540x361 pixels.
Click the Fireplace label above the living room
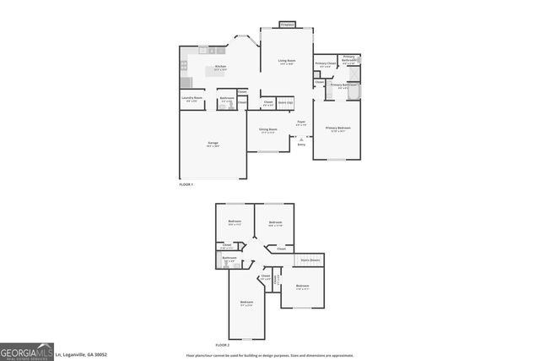coord(287,25)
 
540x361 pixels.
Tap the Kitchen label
coord(220,67)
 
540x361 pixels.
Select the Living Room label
coord(287,62)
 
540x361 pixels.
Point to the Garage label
coord(213,144)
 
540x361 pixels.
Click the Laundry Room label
coord(192,99)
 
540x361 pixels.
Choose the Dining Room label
coord(267,130)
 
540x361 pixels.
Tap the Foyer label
coord(301,123)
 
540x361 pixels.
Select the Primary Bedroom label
coord(337,129)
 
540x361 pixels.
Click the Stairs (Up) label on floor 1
coord(285,102)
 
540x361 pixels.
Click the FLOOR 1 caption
coord(186,183)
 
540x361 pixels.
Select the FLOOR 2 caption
coord(222,344)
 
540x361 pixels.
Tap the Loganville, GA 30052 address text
coord(82,355)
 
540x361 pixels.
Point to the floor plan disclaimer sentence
coord(269,355)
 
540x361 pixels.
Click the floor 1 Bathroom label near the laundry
coord(227,99)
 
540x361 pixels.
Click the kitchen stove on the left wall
coord(183,66)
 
